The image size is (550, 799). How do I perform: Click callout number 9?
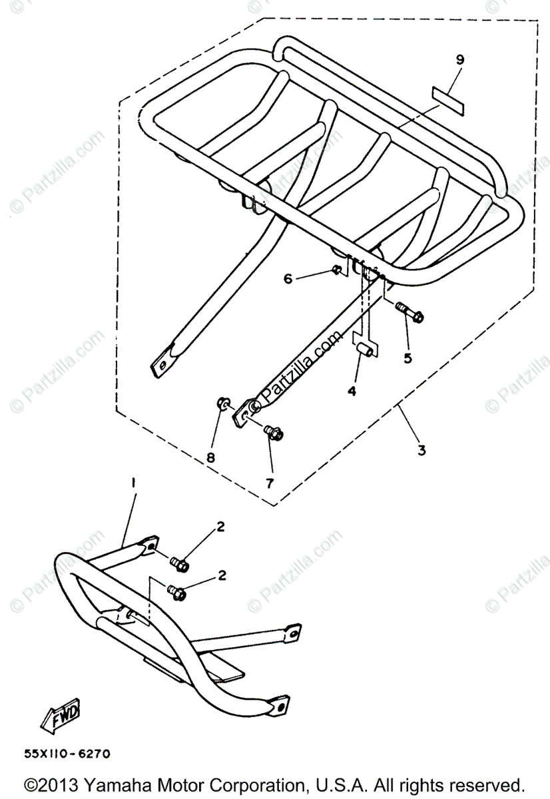click(x=459, y=59)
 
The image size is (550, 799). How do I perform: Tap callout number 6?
click(x=288, y=279)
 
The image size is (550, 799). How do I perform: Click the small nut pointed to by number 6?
click(x=337, y=270)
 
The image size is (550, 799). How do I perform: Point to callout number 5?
click(x=408, y=358)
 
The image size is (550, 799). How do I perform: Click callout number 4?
click(x=352, y=391)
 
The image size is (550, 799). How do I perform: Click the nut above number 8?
click(x=223, y=403)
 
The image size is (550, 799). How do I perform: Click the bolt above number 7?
click(x=272, y=433)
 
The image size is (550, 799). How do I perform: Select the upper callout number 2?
click(x=221, y=528)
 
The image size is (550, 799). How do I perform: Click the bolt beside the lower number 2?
click(x=176, y=590)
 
